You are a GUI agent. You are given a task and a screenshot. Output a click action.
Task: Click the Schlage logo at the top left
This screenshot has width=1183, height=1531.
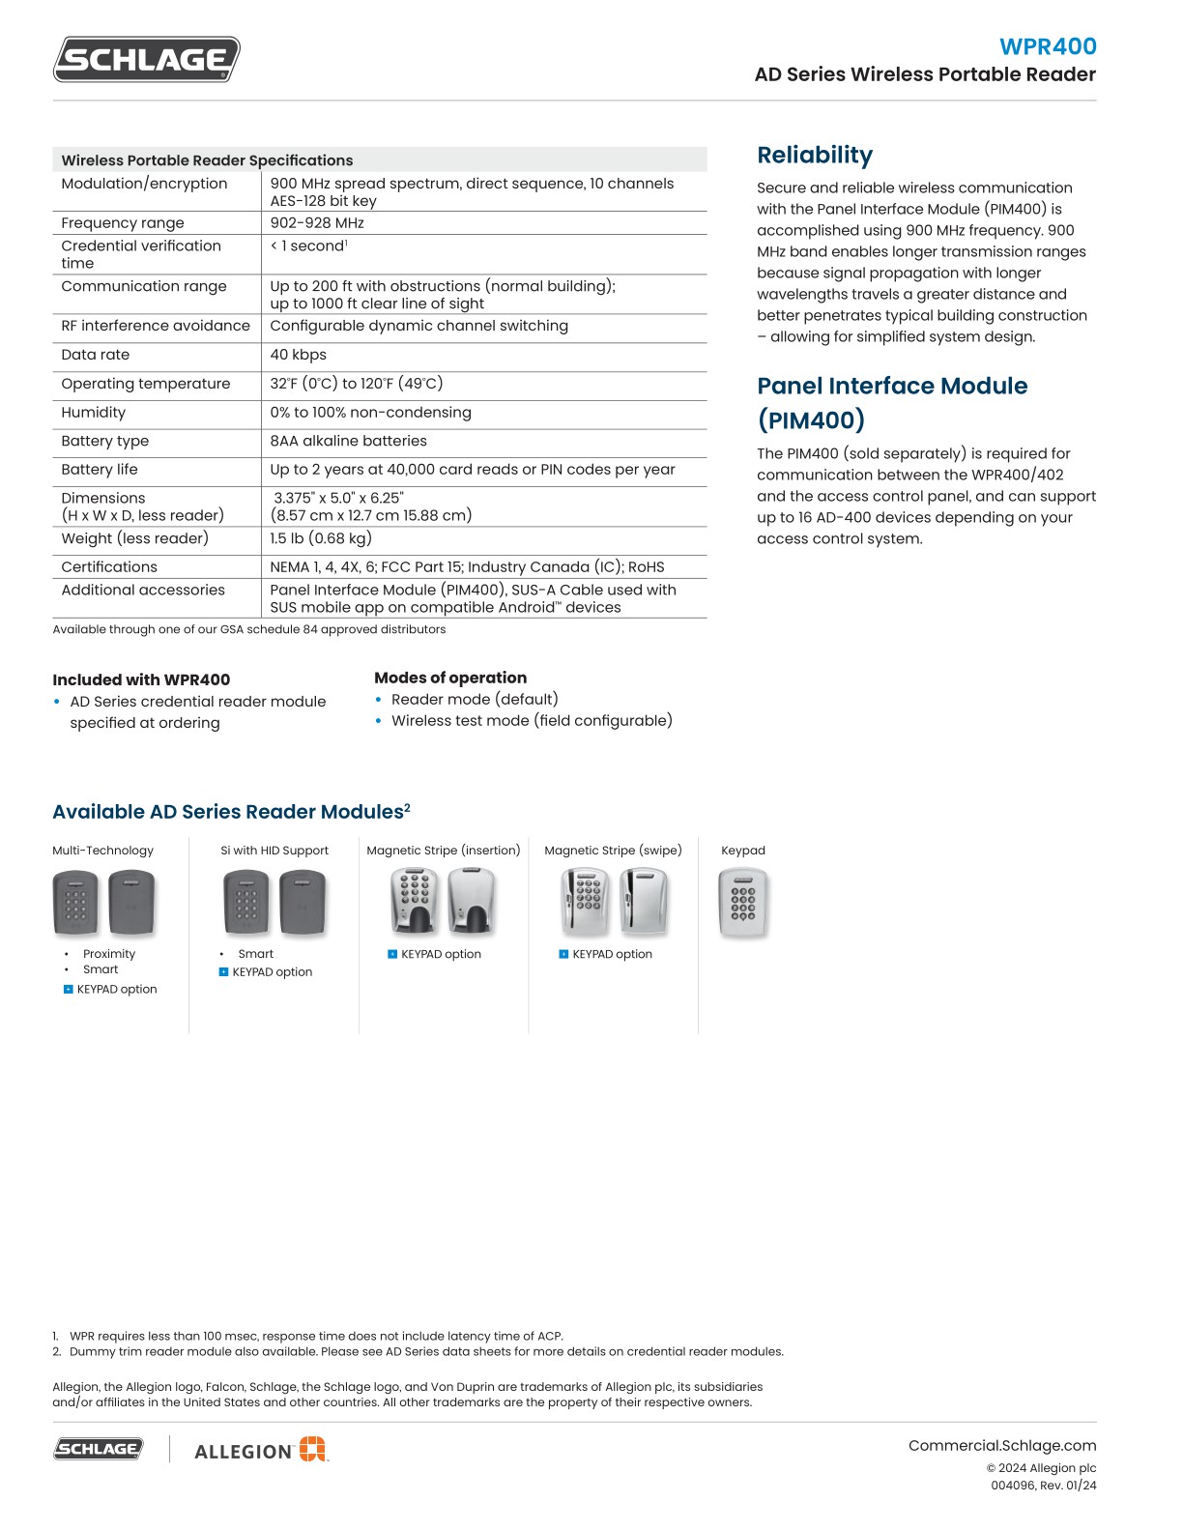[x=146, y=59]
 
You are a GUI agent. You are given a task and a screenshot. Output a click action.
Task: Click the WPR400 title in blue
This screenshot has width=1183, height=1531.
[x=1048, y=46]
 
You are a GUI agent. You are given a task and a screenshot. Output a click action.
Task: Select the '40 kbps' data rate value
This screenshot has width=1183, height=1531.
[x=298, y=355]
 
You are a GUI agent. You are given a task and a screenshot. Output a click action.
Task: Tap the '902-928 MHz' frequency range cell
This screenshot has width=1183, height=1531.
[x=317, y=222]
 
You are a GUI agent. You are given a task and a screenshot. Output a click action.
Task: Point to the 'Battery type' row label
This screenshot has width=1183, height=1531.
[x=105, y=441]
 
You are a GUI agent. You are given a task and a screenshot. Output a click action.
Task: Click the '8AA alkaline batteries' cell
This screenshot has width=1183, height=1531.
[x=348, y=441]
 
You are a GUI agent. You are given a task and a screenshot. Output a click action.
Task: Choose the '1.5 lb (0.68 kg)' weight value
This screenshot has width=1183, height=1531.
[x=321, y=538]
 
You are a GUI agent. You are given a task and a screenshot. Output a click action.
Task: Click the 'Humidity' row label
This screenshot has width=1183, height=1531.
[x=94, y=412]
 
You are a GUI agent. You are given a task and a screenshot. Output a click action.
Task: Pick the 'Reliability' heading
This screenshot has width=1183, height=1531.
[x=815, y=155]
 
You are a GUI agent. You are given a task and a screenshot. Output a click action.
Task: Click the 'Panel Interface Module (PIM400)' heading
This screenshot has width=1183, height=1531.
[x=891, y=402]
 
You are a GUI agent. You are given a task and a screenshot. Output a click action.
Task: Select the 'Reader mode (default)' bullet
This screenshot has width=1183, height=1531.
[x=474, y=699]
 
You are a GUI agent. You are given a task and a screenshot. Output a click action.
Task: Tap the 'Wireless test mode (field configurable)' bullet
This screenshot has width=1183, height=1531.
[x=531, y=720]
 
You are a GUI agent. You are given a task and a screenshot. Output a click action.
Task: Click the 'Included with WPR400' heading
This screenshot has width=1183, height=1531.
[x=141, y=679]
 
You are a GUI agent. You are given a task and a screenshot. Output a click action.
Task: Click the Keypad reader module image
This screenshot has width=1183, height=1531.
[x=742, y=903]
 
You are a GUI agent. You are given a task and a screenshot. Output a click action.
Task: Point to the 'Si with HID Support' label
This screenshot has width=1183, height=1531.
[x=274, y=851]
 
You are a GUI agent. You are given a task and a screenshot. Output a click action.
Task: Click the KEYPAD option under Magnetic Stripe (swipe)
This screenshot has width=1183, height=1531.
[x=611, y=954]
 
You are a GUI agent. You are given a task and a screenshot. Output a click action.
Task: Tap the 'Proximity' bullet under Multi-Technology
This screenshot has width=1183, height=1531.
[x=109, y=954]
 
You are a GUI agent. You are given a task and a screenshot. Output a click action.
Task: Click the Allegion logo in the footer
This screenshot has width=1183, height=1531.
[x=261, y=1450]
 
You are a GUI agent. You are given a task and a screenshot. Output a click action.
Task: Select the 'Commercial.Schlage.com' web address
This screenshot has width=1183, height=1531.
[x=1002, y=1446]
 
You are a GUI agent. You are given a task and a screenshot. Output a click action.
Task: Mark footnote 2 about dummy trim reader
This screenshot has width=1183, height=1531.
[x=425, y=1351]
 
